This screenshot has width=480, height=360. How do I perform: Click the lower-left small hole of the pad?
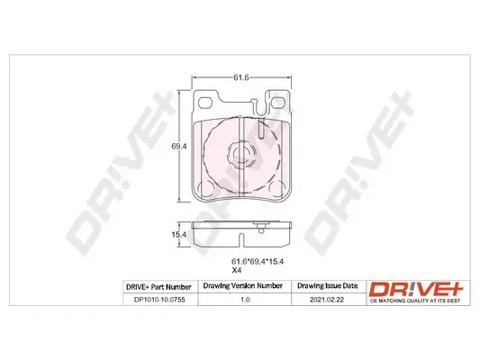point(205,188)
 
